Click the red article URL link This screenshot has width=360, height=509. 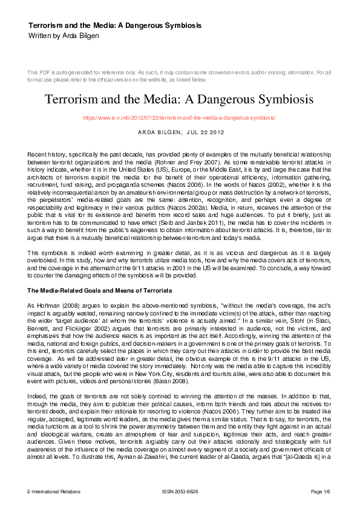point(179,118)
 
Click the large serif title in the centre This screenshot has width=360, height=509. point(180,99)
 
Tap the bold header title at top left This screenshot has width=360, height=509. point(115,25)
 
